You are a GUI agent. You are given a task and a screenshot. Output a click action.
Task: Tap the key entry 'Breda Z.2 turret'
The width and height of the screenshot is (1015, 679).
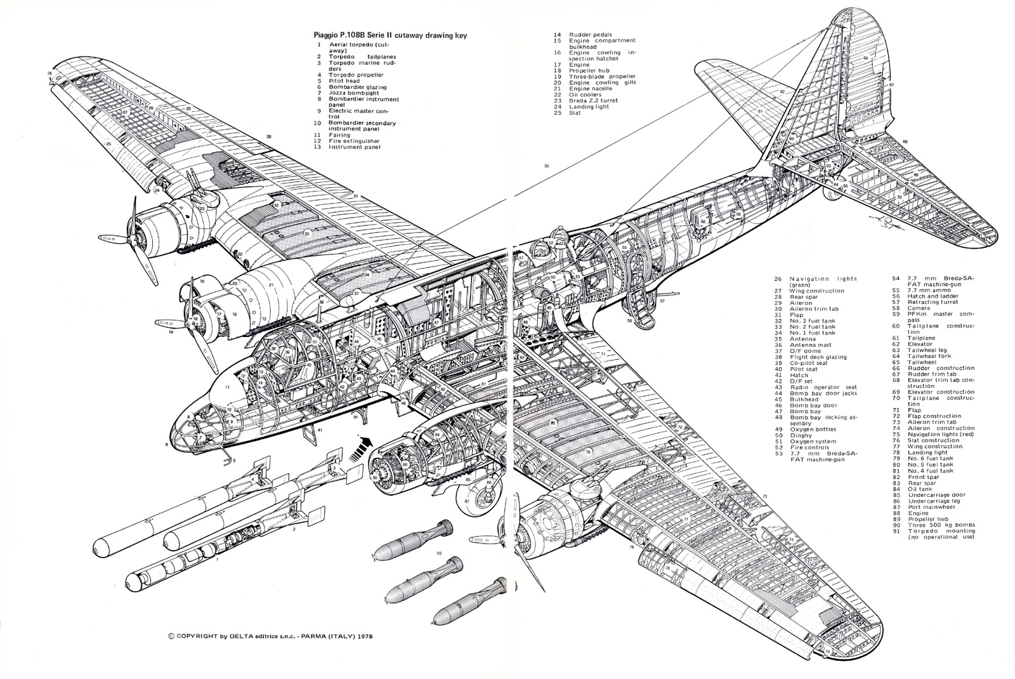click(x=594, y=100)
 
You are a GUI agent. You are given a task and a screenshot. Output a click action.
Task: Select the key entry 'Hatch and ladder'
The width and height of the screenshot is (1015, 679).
click(x=932, y=296)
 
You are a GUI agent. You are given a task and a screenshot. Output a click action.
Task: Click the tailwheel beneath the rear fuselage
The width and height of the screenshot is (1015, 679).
click(x=830, y=197)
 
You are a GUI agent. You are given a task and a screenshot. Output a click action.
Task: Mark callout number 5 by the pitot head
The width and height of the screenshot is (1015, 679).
click(x=234, y=460)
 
